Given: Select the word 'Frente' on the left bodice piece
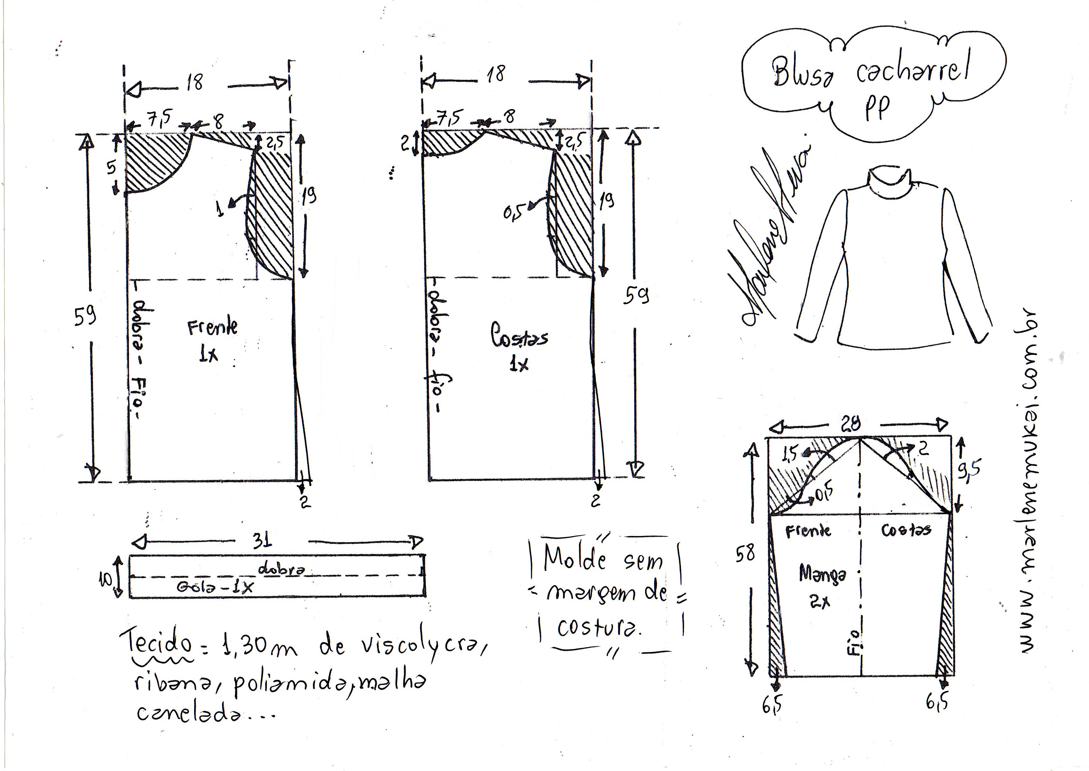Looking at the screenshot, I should tap(212, 327).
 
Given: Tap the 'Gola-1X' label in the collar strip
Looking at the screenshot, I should tap(215, 587).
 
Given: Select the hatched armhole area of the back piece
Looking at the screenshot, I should tap(572, 213).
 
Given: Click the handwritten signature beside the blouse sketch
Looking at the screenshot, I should tap(769, 237).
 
